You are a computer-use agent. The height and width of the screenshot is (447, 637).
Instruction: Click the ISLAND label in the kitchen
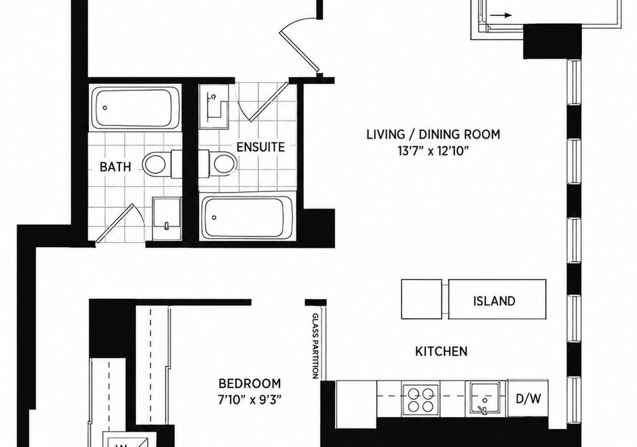click(494, 301)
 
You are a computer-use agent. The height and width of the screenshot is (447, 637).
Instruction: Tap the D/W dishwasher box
click(528, 399)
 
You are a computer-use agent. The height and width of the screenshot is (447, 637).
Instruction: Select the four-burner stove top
click(421, 399)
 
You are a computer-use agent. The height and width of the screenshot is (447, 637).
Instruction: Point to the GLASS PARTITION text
click(315, 346)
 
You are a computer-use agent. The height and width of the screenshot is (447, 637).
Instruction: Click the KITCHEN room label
click(441, 351)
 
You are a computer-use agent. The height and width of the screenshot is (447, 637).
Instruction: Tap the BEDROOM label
click(249, 383)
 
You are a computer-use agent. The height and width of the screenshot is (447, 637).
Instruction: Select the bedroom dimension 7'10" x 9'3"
click(249, 399)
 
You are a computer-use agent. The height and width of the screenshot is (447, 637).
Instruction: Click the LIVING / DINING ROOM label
click(433, 134)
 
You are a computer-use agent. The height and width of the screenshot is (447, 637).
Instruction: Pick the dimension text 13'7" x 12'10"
click(433, 151)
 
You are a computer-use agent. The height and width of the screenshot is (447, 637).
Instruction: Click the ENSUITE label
click(260, 147)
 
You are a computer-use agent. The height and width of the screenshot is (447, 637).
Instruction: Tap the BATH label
click(115, 167)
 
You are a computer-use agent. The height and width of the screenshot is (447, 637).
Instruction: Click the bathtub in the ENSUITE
click(248, 218)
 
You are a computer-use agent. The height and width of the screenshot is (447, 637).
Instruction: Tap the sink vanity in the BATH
click(167, 219)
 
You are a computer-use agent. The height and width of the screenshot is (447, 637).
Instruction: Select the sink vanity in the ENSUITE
click(214, 106)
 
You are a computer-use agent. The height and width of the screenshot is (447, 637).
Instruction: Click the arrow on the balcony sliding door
click(500, 15)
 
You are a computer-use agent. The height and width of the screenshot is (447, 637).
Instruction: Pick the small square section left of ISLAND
click(422, 299)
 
